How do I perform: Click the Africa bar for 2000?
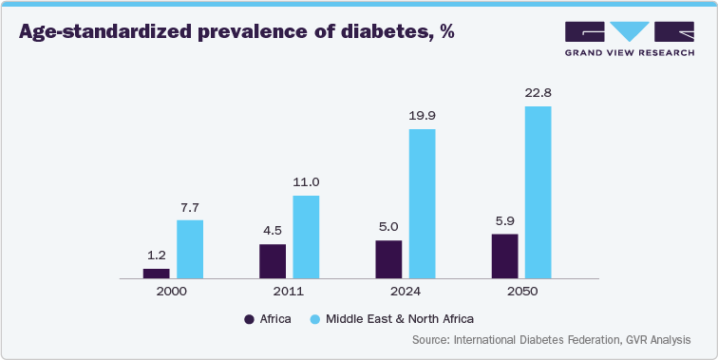(x=156, y=274)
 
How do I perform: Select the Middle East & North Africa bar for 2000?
(x=190, y=249)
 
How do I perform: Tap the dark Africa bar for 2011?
(x=273, y=261)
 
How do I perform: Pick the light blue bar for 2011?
(x=306, y=237)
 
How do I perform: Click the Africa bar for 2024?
(x=388, y=259)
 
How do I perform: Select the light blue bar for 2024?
(x=422, y=203)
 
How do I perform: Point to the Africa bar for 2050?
(x=504, y=256)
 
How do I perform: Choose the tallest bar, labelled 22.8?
(x=538, y=192)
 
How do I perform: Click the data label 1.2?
(x=156, y=256)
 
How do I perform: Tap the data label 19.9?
(x=422, y=116)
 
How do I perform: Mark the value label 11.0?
(x=306, y=182)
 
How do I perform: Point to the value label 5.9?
(x=504, y=220)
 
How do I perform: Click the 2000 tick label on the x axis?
(x=173, y=292)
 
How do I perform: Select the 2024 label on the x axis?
(x=406, y=292)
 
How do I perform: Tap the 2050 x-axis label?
(x=521, y=292)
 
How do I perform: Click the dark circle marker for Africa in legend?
(x=250, y=318)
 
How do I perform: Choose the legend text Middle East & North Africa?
(x=399, y=318)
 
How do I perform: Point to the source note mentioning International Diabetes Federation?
(x=551, y=340)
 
